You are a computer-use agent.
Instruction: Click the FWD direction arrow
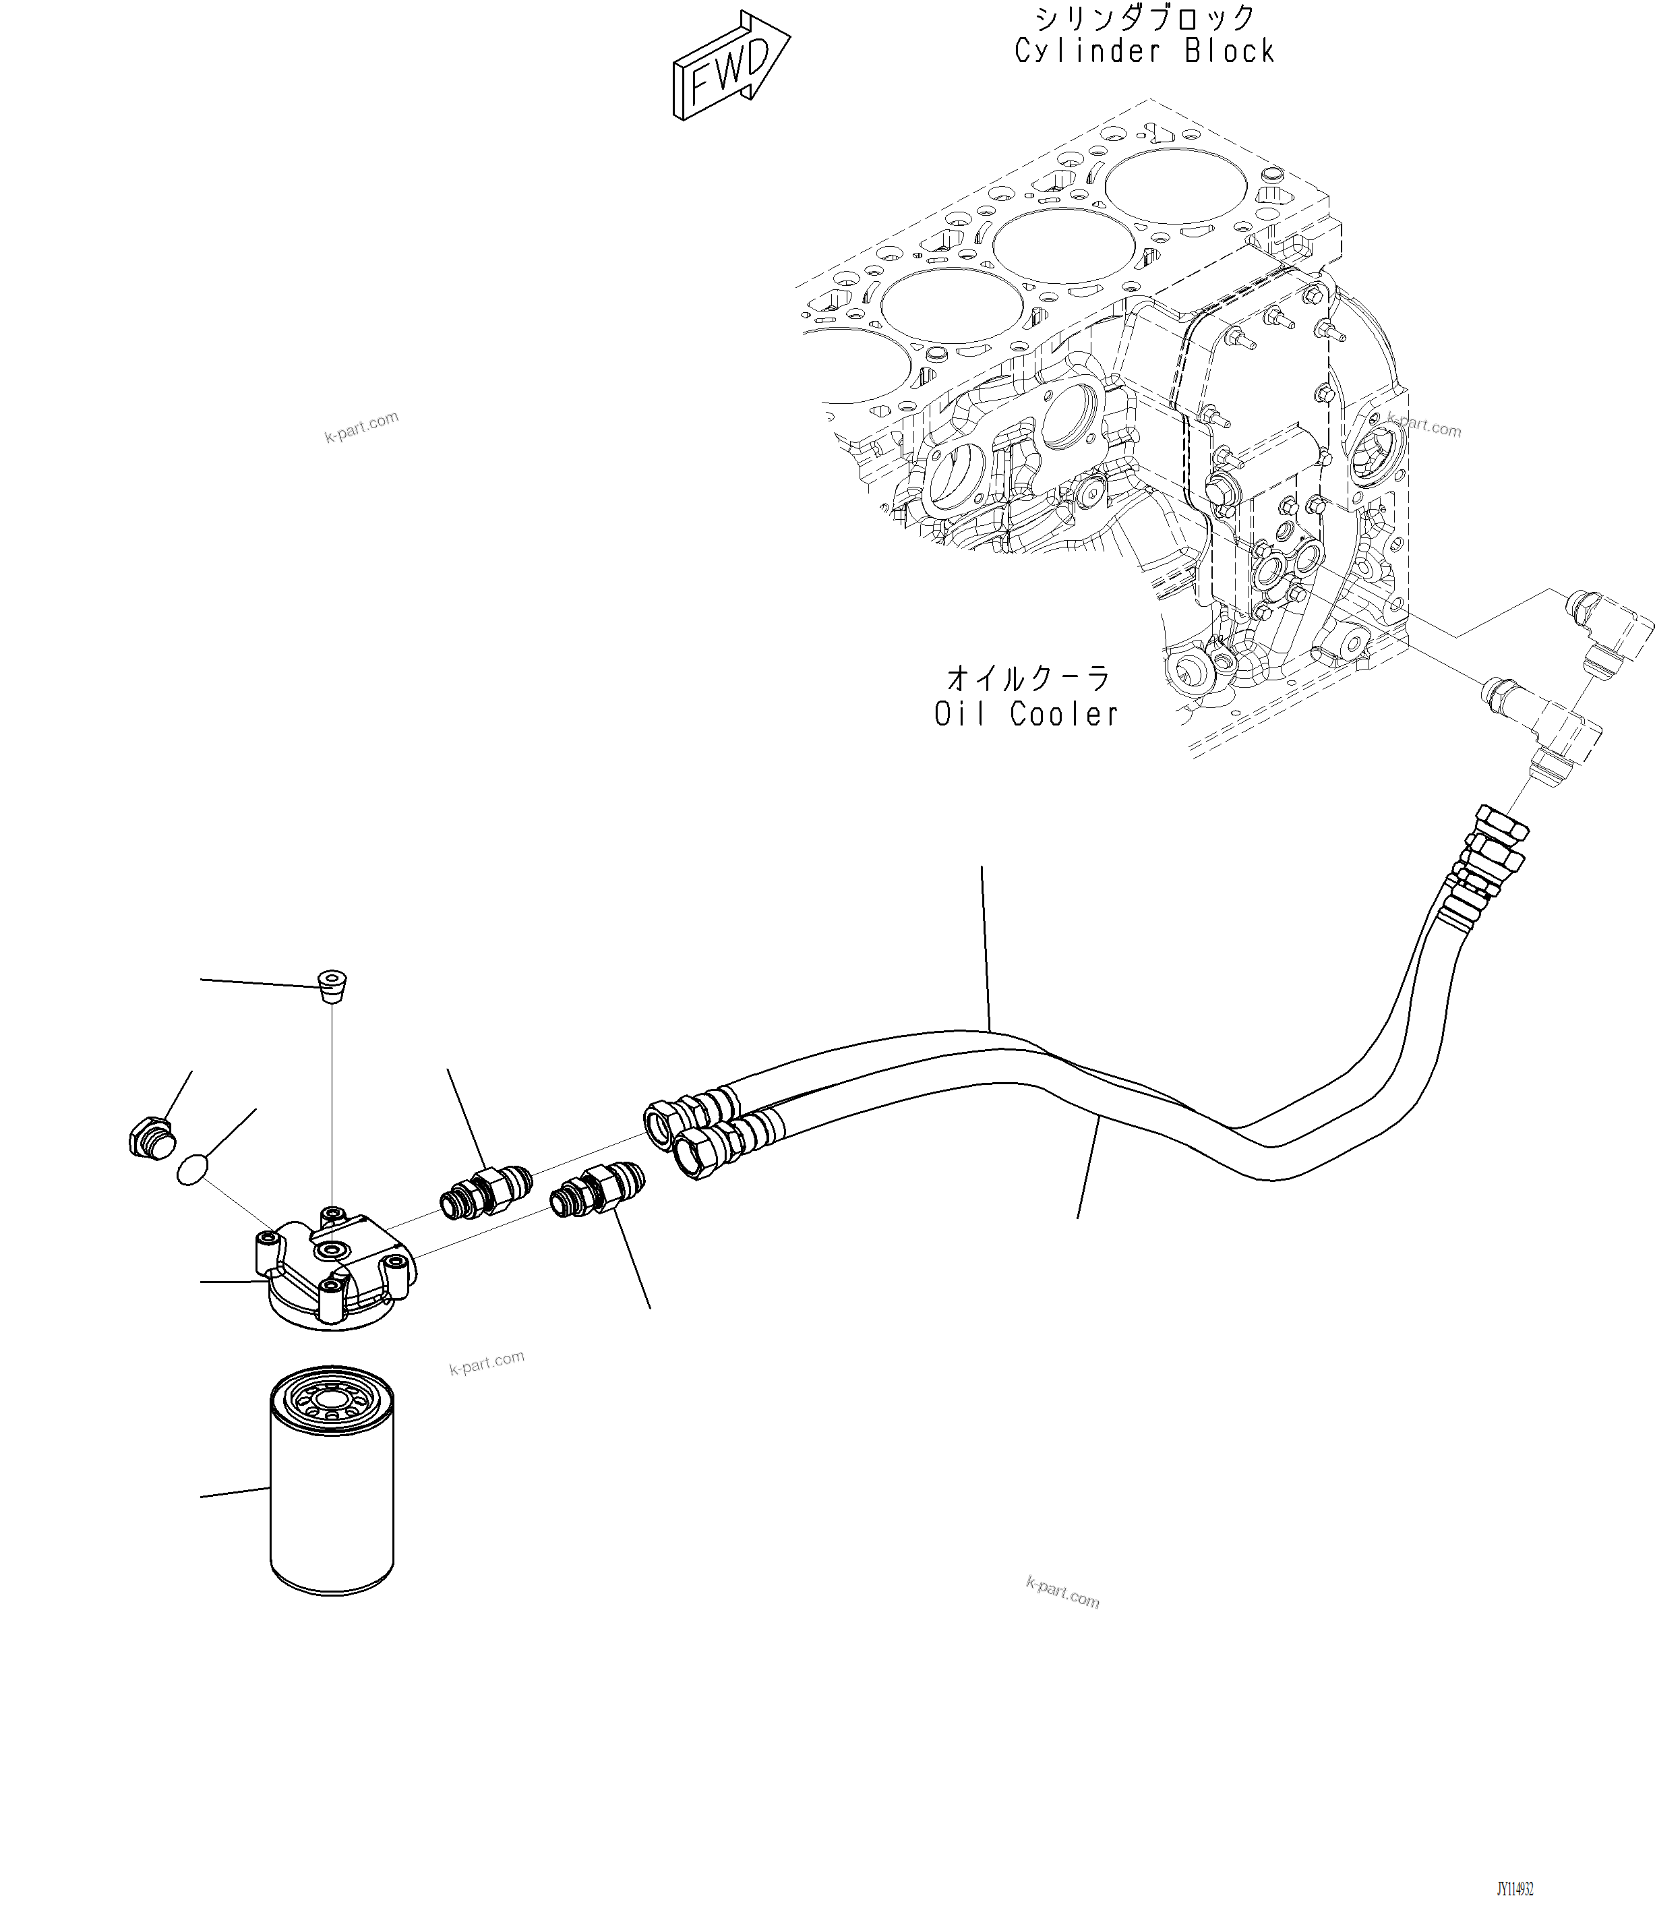pyautogui.click(x=731, y=67)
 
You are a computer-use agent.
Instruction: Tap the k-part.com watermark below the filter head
pyautogui.click(x=486, y=1363)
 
